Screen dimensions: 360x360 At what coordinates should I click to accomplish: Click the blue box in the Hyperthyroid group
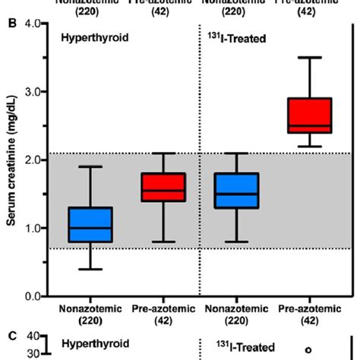click(90, 224)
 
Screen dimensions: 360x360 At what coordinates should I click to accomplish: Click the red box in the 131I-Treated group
click(308, 115)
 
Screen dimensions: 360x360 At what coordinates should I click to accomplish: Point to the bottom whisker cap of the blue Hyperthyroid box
click(90, 269)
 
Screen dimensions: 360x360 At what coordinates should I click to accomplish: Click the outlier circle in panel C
click(308, 350)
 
